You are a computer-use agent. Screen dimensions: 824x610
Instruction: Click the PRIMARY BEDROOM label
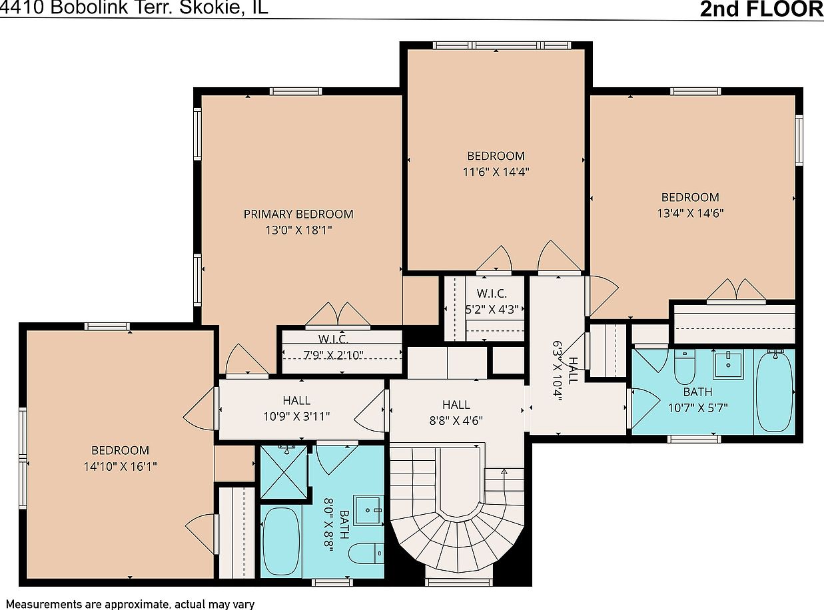click(x=298, y=214)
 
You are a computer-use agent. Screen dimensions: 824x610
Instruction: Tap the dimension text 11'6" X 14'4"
click(x=496, y=172)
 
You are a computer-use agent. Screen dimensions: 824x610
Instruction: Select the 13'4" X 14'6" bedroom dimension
click(x=690, y=213)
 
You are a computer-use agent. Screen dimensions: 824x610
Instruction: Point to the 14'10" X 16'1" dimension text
click(x=120, y=466)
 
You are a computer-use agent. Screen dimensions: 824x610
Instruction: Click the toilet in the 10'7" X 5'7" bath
click(x=685, y=367)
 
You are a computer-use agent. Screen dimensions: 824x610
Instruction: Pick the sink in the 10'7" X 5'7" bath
click(x=728, y=364)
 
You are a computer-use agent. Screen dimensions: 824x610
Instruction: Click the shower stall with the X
click(x=284, y=472)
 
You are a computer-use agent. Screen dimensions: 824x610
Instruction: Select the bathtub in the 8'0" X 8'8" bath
click(x=281, y=543)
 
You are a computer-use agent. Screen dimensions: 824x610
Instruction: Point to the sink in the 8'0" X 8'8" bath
click(x=368, y=510)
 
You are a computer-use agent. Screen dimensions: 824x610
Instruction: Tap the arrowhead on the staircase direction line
click(x=504, y=471)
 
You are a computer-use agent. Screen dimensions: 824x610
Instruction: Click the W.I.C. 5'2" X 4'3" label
click(x=492, y=301)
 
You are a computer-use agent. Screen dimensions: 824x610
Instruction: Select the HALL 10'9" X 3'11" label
click(x=296, y=408)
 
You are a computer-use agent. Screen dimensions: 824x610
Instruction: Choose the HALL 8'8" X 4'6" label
click(x=456, y=412)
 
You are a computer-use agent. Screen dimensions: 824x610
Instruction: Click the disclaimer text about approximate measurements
click(x=131, y=604)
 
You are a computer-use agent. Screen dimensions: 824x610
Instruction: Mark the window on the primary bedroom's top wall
click(x=296, y=91)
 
